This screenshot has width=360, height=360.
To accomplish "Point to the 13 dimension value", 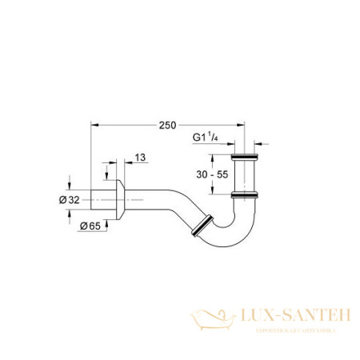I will point(141,157).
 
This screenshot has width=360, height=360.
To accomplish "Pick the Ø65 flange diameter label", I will point(90,228).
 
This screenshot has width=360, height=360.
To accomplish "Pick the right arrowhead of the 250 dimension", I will point(241,125).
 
